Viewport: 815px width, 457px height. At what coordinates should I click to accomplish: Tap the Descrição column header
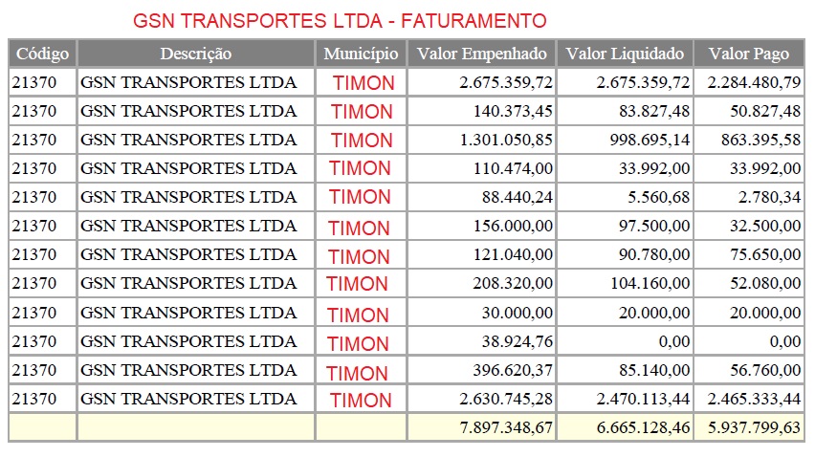[x=195, y=54]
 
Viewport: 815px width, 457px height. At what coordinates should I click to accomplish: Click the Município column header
[x=361, y=54]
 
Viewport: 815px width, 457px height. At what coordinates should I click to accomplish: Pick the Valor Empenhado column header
[x=481, y=54]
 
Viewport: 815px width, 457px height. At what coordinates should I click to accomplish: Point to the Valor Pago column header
[x=749, y=54]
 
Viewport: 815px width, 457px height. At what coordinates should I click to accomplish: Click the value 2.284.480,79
[x=754, y=82]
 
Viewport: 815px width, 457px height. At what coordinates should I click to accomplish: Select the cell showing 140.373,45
[x=513, y=111]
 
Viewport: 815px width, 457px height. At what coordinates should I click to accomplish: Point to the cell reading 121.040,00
[x=513, y=255]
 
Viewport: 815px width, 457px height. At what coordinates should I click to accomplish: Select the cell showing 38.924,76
[x=518, y=341]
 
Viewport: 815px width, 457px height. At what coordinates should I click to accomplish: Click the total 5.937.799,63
[x=754, y=427]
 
